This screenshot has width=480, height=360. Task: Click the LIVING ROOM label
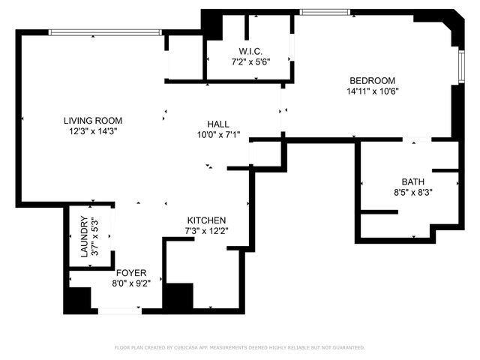[93, 120]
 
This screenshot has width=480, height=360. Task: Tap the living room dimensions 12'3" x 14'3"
[93, 130]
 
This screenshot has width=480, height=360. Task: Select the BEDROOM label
[371, 81]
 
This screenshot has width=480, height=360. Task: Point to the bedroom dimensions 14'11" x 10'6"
[371, 91]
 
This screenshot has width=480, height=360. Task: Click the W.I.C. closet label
[250, 51]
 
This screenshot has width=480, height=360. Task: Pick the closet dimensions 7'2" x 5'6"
[250, 61]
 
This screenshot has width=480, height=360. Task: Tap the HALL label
[219, 124]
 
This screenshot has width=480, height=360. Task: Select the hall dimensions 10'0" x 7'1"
[219, 135]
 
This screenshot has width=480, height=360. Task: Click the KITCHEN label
[206, 220]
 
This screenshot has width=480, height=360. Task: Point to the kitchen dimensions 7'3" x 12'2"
[206, 230]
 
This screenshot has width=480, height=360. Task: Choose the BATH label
[413, 181]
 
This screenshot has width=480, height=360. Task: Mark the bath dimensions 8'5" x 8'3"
[413, 192]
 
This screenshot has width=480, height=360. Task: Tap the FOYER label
[131, 273]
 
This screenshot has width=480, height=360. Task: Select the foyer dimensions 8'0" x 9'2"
[131, 283]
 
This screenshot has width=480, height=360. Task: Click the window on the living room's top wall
[105, 31]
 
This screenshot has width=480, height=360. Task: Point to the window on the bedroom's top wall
[324, 12]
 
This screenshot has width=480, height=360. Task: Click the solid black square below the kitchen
[178, 298]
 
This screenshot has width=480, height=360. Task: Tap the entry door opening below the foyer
[119, 310]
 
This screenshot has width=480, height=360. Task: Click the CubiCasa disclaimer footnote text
[239, 347]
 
